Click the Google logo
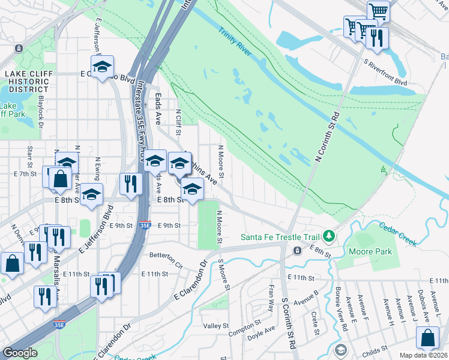pyautogui.click(x=20, y=353)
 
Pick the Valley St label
pyautogui.click(x=215, y=326)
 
